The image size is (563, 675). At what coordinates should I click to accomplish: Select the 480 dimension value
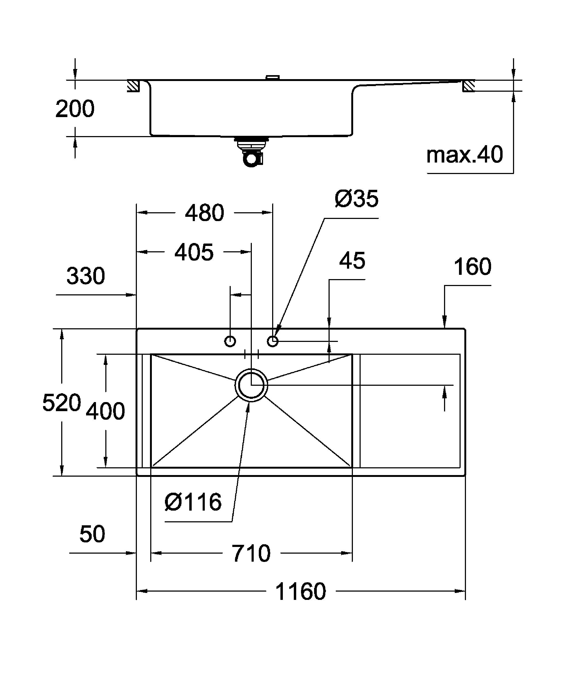[205, 213]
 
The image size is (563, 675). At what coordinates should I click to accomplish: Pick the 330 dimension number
[86, 276]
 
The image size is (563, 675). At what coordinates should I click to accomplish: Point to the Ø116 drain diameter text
[193, 502]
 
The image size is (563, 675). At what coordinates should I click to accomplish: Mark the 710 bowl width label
[252, 553]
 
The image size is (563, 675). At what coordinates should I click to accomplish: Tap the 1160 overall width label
[301, 591]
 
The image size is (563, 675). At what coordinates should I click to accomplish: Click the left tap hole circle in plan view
[230, 341]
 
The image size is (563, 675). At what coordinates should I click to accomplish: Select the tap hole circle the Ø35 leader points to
[273, 341]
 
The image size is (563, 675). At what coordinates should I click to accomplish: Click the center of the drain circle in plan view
[251, 385]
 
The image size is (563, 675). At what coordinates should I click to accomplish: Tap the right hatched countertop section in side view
[469, 86]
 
